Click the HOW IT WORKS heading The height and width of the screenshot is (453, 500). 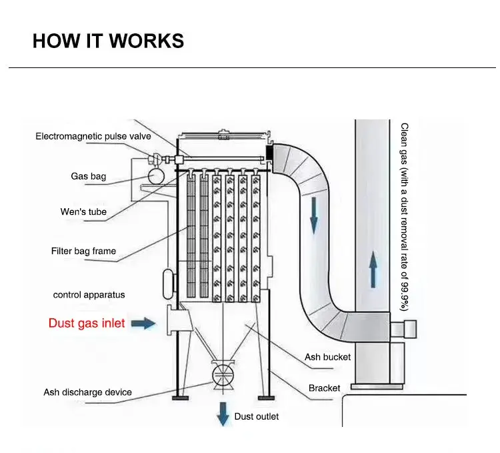[x=108, y=41]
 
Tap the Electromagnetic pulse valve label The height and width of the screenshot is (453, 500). [x=93, y=136]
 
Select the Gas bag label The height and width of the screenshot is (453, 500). [x=89, y=177]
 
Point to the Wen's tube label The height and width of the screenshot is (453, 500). [x=83, y=212]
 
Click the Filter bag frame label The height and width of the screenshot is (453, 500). [x=83, y=251]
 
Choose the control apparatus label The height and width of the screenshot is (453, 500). [x=89, y=294]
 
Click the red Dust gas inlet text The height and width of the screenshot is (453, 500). [x=87, y=324]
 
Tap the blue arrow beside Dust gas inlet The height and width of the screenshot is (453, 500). [x=143, y=324]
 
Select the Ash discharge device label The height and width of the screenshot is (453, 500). [x=87, y=392]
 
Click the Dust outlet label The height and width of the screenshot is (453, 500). [x=257, y=416]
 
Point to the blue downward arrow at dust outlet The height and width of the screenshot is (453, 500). [x=223, y=414]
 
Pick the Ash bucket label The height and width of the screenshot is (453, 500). [x=327, y=357]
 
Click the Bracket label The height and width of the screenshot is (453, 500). [x=324, y=388]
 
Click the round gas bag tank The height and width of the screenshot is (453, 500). [x=157, y=175]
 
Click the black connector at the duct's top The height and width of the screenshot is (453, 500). [x=271, y=152]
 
